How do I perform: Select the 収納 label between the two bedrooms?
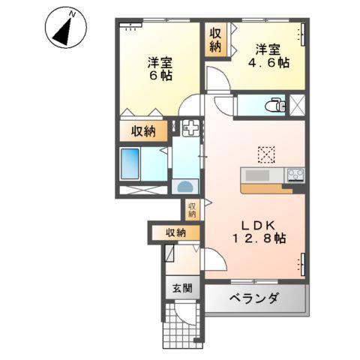[216, 39]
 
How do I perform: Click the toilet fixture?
[274, 105]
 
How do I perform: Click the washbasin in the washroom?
[185, 186]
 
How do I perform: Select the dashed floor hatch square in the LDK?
[266, 154]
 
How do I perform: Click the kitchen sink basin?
[259, 176]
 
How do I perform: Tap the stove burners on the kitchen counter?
[295, 175]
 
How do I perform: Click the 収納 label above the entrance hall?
[176, 233]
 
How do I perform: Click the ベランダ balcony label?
[253, 299]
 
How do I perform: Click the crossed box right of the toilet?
[297, 105]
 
